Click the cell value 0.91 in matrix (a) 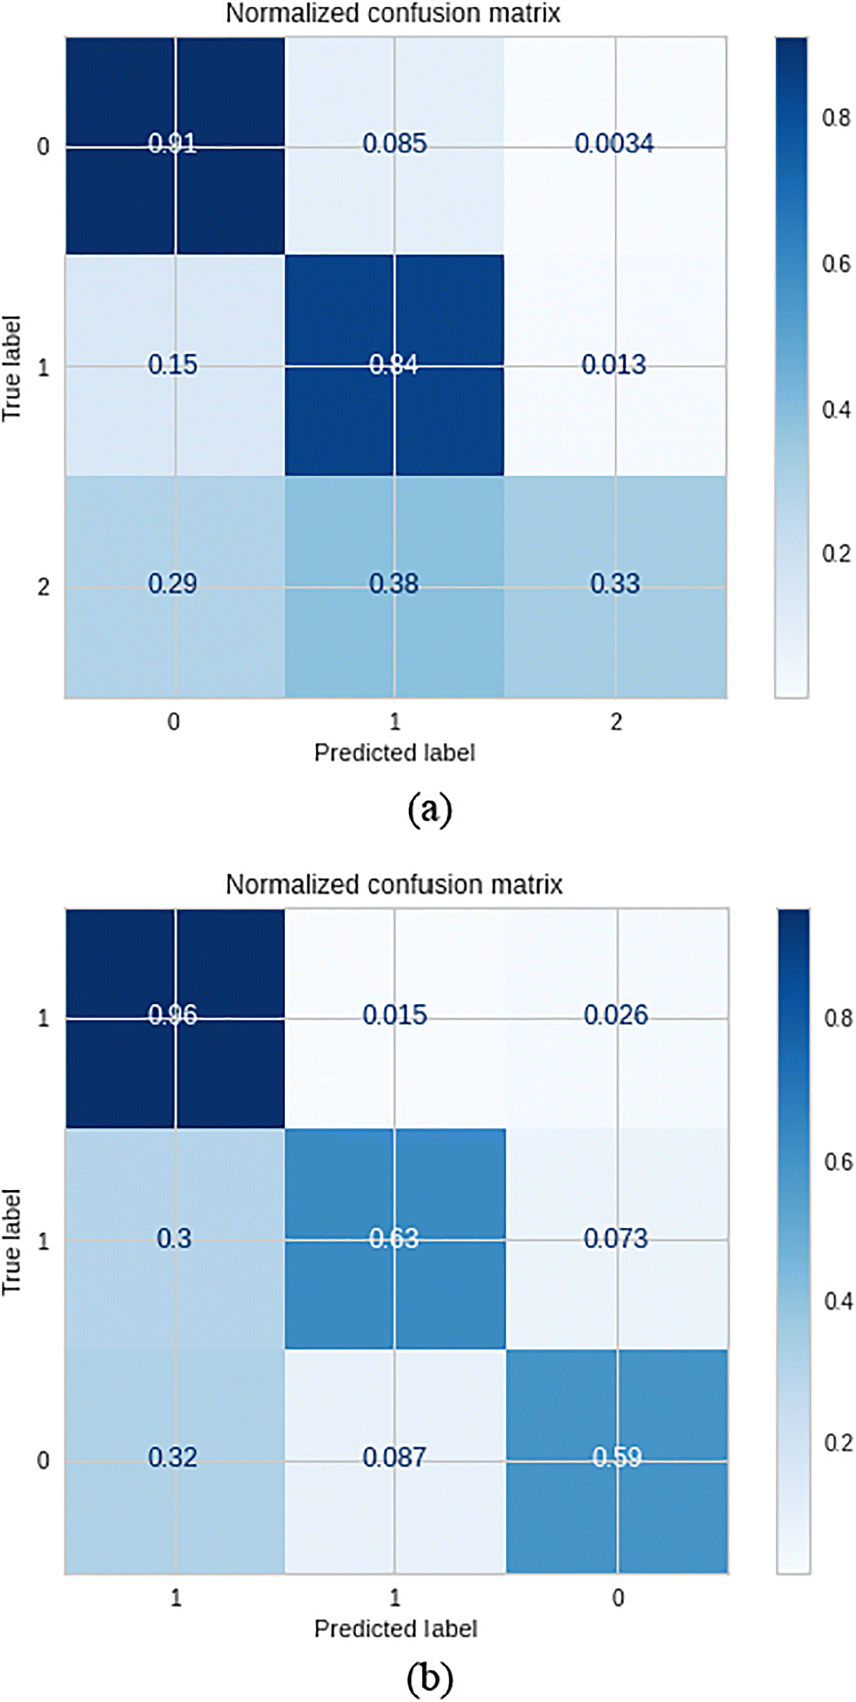(172, 143)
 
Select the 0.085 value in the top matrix (395, 143)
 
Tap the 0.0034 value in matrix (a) (614, 143)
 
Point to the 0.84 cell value (394, 364)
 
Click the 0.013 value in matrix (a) (614, 364)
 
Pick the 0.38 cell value (394, 583)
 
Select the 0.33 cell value (615, 583)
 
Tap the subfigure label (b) (430, 1680)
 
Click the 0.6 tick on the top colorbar (837, 264)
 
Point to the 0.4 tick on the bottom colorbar (838, 1301)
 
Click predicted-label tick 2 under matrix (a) (616, 722)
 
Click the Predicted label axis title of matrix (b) (395, 1628)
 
